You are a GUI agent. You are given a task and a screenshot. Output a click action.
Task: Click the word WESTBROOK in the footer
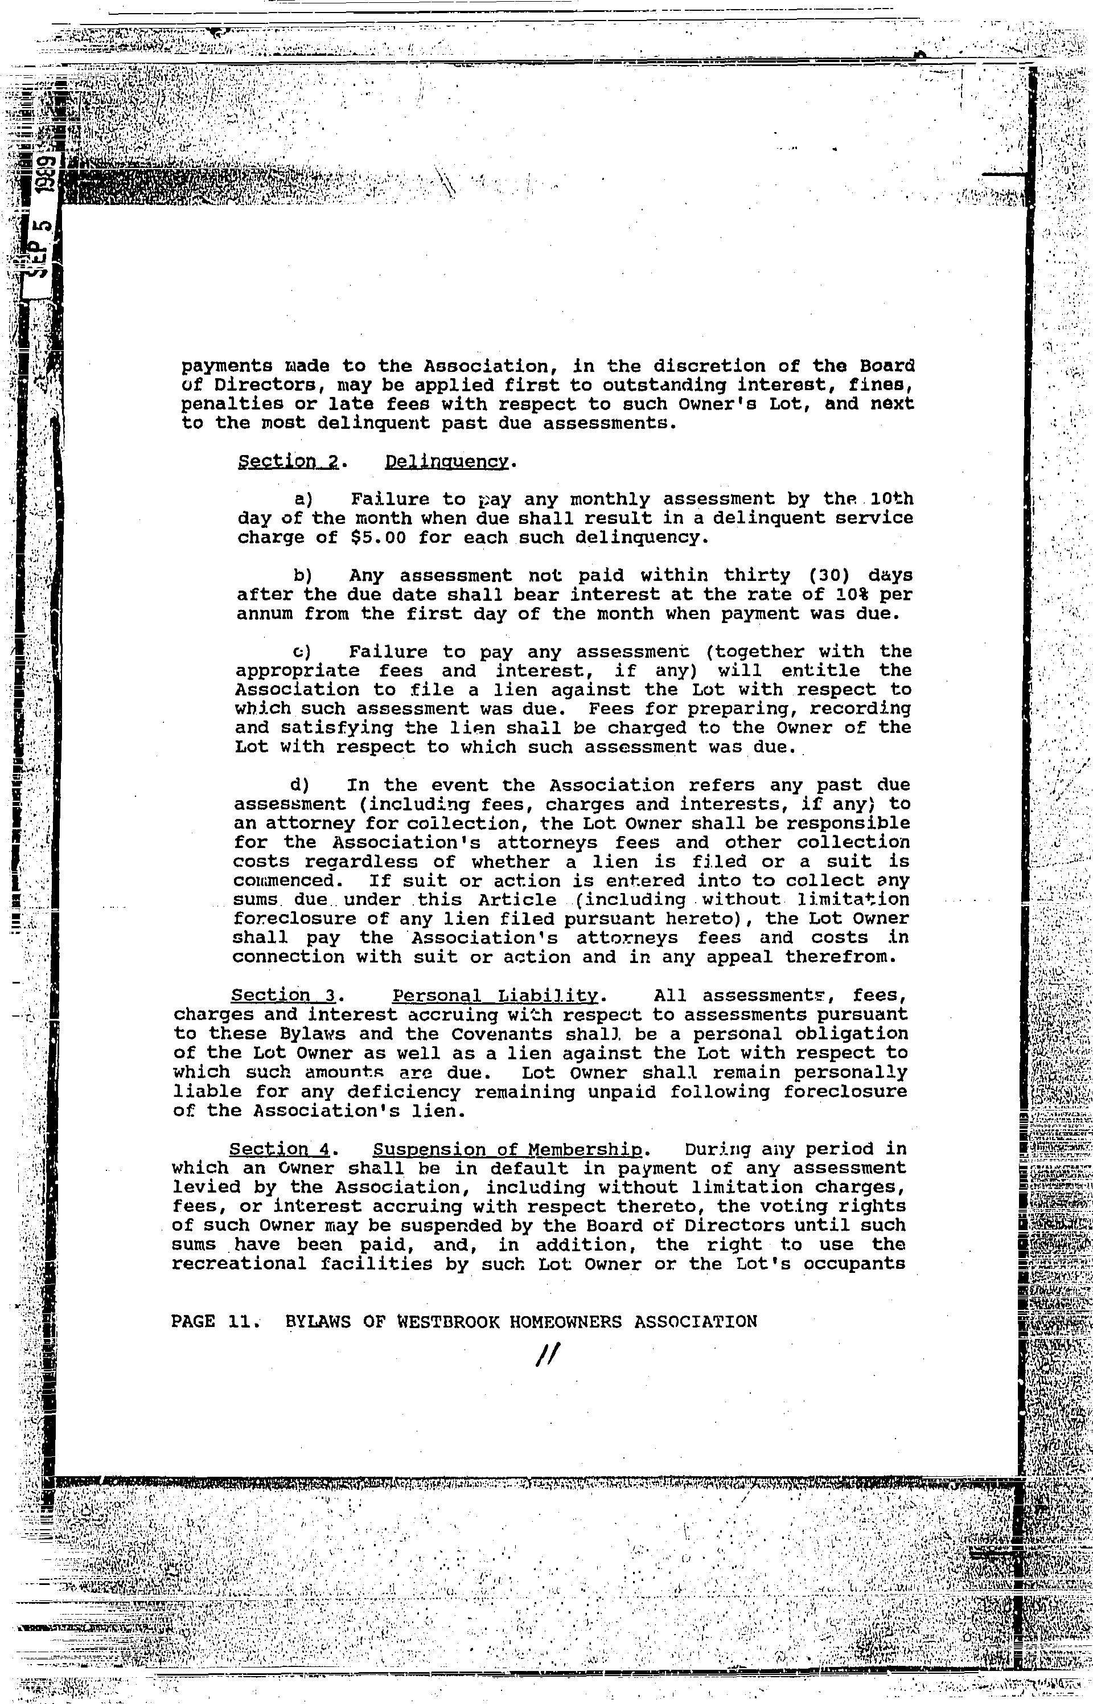click(448, 1321)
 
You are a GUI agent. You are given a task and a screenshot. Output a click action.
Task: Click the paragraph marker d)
click(299, 785)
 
